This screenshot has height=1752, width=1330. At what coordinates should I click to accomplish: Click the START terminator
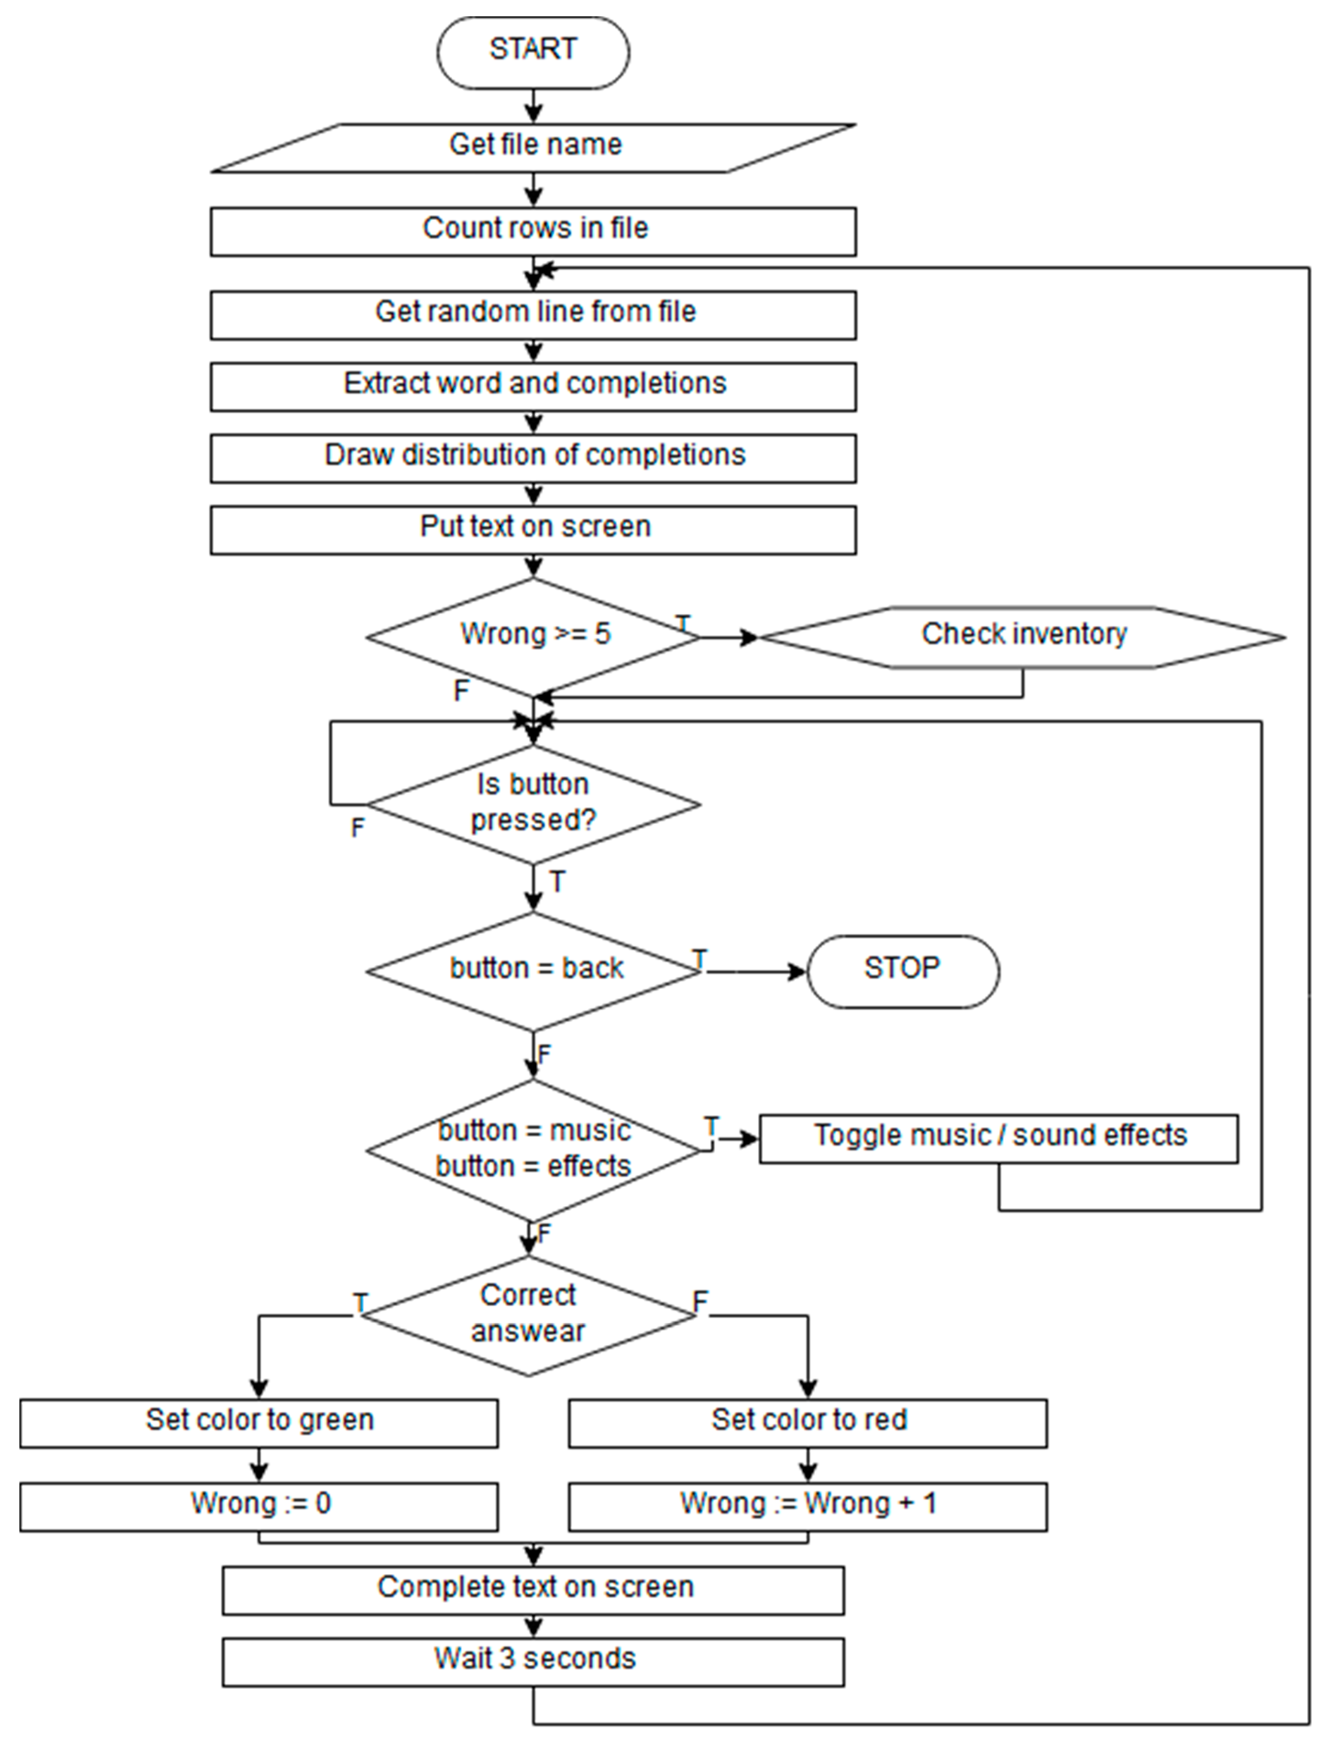(533, 51)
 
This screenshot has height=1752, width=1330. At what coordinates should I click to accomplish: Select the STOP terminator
(902, 971)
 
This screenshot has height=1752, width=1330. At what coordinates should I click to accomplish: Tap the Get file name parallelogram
(533, 147)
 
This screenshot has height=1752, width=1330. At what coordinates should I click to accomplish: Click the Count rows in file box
(533, 231)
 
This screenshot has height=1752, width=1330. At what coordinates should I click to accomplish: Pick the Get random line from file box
(533, 315)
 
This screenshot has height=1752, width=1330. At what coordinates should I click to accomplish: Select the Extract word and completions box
(533, 386)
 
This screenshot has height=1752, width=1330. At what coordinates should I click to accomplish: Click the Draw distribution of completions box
(533, 458)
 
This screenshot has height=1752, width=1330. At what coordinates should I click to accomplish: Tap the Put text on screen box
(533, 529)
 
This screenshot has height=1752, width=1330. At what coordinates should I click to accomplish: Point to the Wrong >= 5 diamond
(533, 637)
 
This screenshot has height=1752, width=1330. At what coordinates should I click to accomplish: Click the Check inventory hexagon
(1022, 637)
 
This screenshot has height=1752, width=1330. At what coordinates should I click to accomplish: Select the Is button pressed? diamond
(533, 804)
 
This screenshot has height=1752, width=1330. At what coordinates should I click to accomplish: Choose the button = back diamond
(533, 971)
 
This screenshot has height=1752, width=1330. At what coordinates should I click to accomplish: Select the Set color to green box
(259, 1423)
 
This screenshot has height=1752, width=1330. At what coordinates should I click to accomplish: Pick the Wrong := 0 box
(259, 1506)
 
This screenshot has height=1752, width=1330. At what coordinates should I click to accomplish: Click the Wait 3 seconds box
(533, 1662)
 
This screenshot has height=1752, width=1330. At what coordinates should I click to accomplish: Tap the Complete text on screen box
(533, 1590)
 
